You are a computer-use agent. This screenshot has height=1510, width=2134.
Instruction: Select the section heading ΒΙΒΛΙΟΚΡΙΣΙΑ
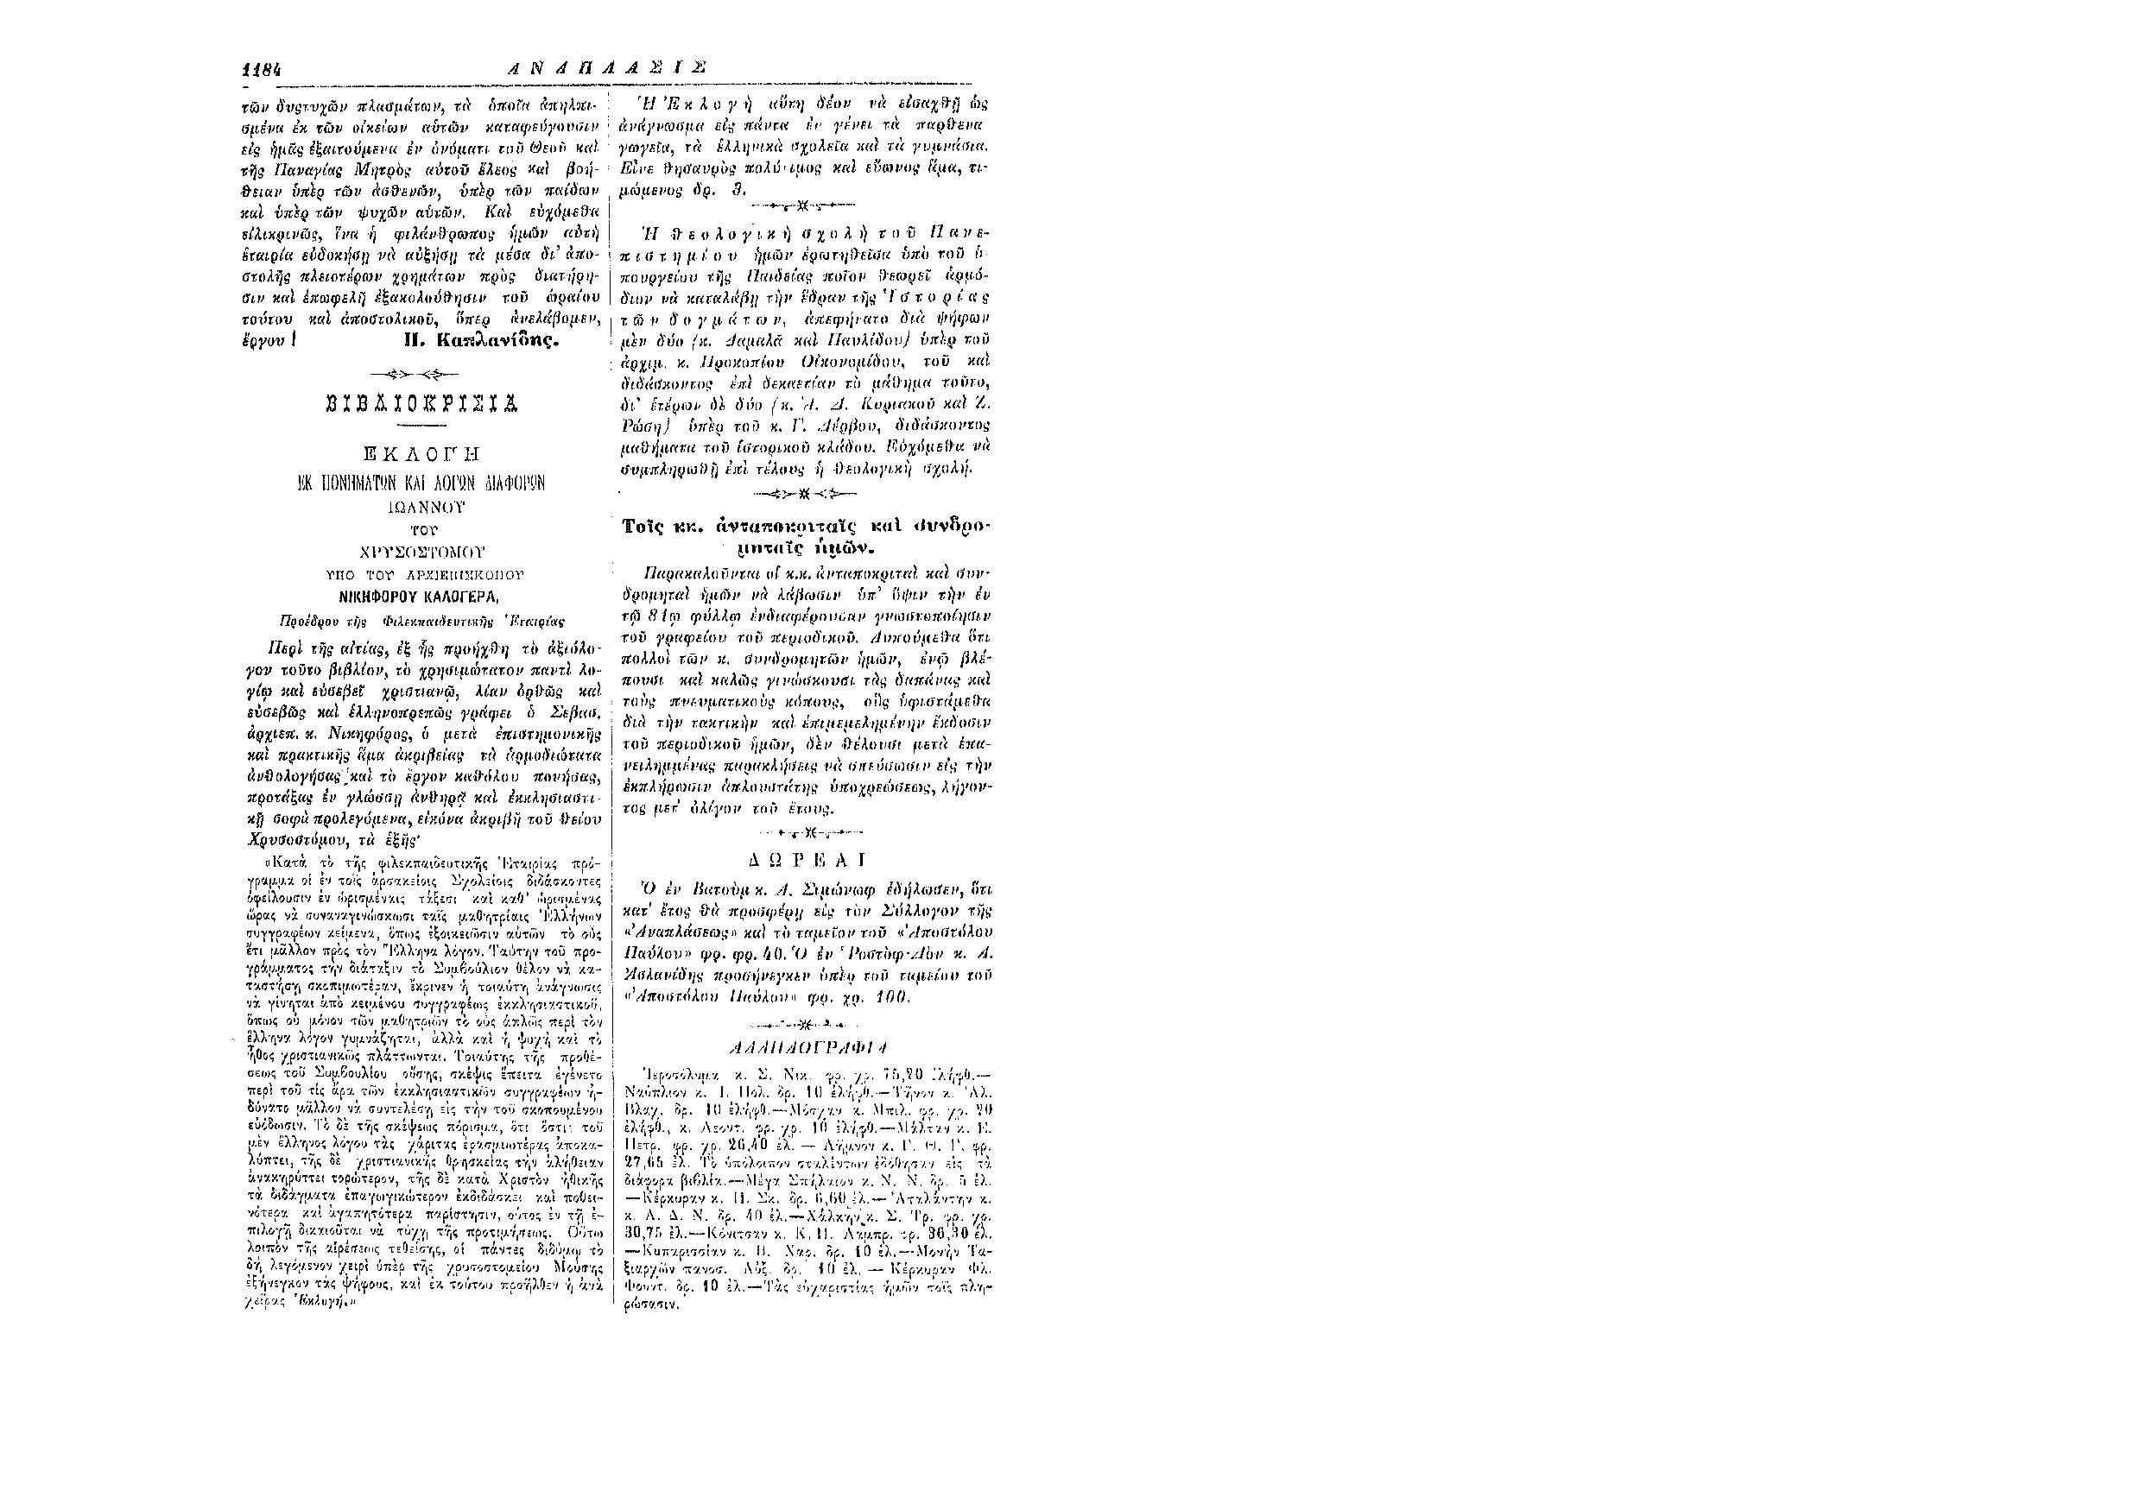tap(426, 403)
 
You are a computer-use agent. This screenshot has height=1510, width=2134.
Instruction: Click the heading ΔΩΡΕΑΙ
tap(803, 858)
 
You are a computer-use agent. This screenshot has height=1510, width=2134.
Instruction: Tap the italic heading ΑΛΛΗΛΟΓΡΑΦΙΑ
tap(803, 1046)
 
